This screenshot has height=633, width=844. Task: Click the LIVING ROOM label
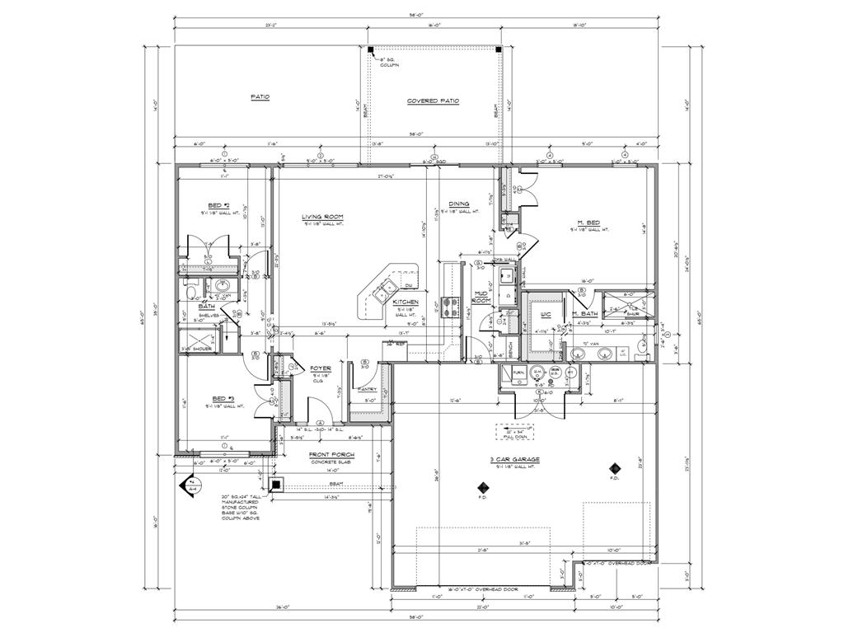321,217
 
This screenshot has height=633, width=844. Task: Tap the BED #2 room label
218,205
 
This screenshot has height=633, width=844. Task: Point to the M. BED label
588,222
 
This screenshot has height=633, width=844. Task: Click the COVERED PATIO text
433,101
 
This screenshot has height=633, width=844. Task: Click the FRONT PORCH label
331,454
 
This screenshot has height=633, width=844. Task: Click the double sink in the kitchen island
383,289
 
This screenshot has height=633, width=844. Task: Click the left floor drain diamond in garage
482,486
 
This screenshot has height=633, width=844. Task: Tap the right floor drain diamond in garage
613,466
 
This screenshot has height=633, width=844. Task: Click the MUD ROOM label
482,298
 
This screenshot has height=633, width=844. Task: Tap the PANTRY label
368,389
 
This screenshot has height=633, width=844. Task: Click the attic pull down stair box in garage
515,431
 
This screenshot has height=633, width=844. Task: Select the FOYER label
320,368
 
